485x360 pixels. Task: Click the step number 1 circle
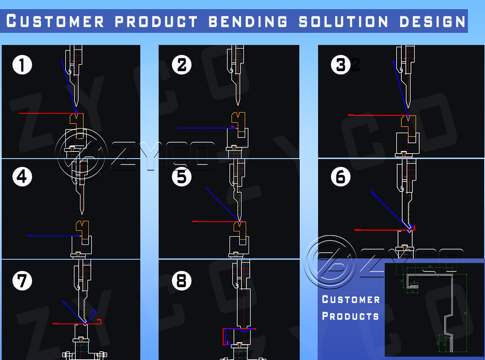[22, 65]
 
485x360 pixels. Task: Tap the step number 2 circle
[182, 65]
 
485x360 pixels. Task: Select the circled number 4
[22, 177]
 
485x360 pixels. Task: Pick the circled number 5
[182, 177]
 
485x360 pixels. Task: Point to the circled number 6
[341, 177]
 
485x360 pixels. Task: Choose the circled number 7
[22, 281]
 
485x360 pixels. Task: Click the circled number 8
[182, 281]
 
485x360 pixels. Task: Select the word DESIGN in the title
[433, 21]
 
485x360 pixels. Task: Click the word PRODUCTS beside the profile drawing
[351, 316]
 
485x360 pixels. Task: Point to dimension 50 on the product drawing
[429, 266]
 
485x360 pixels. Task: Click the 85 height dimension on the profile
[465, 313]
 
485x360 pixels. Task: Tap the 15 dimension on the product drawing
[402, 281]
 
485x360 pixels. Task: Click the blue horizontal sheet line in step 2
[206, 128]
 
